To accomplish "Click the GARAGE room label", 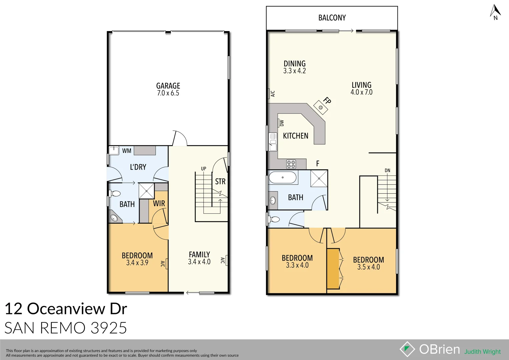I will [168, 86].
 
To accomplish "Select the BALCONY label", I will [332, 18].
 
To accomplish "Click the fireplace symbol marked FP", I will [321, 107].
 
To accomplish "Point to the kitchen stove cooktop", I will [291, 164].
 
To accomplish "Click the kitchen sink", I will [273, 142].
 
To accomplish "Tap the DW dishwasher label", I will [282, 123].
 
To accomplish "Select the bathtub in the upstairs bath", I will [282, 177].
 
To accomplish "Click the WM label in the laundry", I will [127, 151].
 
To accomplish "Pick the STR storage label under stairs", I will [220, 182].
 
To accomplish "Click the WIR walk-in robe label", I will [159, 203].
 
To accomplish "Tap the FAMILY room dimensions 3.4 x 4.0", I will [199, 262].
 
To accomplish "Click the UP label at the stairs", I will [203, 169].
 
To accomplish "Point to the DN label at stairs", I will [387, 170].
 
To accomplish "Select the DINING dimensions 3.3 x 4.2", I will [294, 71].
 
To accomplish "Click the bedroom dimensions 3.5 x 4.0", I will [368, 267].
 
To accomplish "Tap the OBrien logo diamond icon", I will [407, 349].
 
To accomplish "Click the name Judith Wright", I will [482, 352].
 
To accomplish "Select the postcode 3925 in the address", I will [109, 328].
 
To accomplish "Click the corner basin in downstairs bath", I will [114, 218].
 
